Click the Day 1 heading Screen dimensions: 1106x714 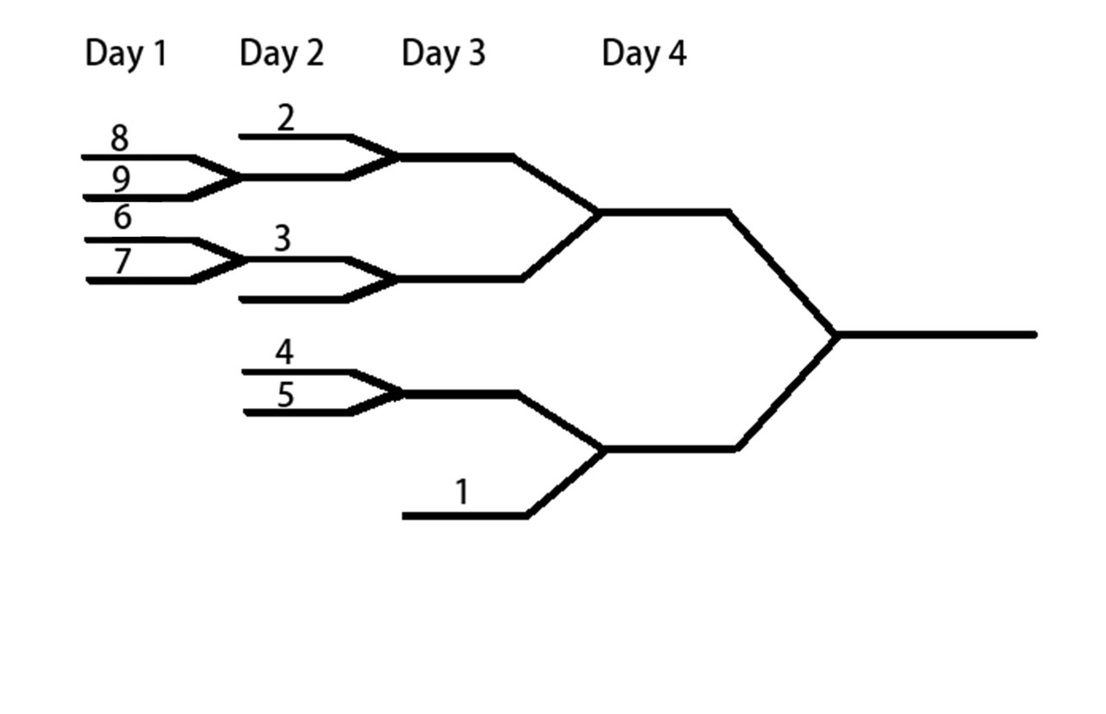126,54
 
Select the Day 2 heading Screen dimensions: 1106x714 282,54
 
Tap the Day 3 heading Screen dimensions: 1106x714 443,54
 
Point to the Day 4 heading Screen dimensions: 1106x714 644,54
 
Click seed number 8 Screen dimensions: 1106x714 119,138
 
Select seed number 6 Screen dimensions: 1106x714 123,217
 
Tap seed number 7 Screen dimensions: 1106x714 123,261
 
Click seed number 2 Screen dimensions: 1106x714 286,118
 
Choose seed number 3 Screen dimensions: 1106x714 283,239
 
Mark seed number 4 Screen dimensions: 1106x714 284,352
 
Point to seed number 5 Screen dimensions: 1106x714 286,395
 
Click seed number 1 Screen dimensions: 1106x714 462,492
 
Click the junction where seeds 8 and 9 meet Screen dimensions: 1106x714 239,177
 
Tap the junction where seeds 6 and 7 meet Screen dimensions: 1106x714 242,260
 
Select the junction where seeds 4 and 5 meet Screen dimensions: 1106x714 401,393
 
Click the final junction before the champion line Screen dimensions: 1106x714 836,335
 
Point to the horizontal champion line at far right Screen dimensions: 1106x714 937,335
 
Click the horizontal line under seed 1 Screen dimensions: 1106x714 465,516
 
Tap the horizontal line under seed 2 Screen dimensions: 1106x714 295,137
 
